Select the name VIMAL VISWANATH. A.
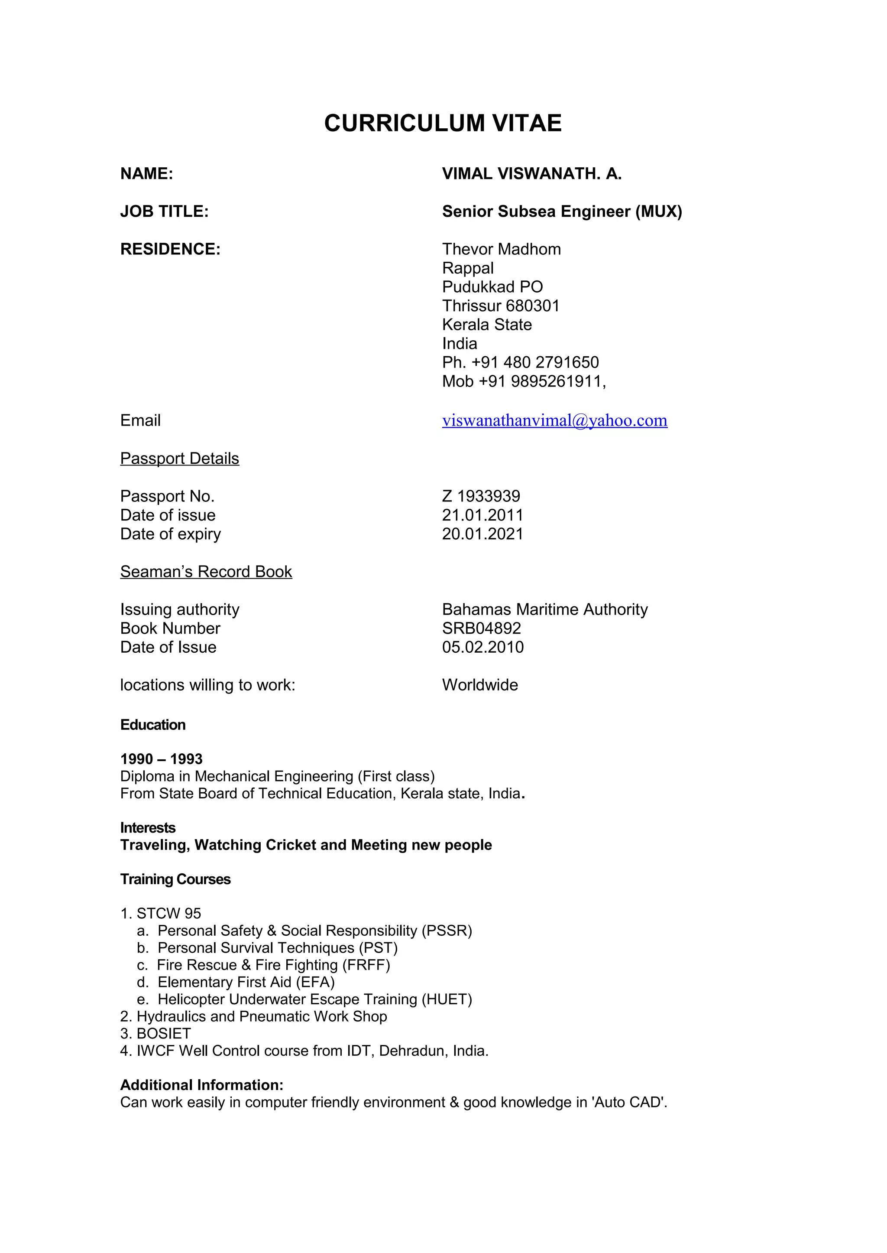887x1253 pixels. point(531,174)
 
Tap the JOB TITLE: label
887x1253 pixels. point(165,212)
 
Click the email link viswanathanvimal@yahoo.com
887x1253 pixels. point(554,420)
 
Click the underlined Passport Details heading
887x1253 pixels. point(180,459)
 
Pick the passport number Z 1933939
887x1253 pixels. point(481,496)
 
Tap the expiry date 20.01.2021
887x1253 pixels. point(482,534)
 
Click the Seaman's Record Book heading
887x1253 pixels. point(206,572)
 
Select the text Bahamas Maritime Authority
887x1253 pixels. point(544,609)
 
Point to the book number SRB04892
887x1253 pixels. point(481,628)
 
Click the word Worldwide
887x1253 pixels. point(479,685)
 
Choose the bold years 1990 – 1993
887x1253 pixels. point(161,759)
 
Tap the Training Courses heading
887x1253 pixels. point(175,879)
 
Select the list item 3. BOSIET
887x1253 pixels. point(155,1034)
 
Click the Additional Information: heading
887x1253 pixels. point(201,1085)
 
